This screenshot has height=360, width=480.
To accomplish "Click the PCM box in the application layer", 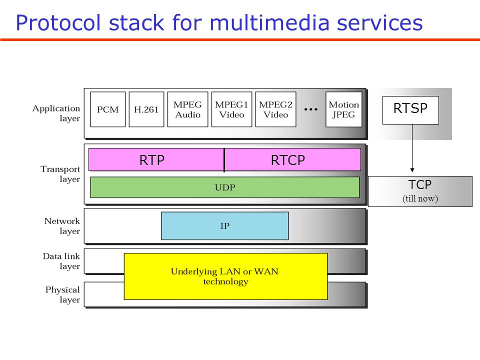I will [107, 109].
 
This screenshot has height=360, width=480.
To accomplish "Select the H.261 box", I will [146, 109].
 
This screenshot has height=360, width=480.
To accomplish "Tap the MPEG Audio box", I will [187, 109].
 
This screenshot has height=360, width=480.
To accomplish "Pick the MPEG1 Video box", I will [231, 109].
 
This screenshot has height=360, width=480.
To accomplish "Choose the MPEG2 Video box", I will [275, 109].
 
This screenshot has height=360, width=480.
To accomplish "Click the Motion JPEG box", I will [343, 109].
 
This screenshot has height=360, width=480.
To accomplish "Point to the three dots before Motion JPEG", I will [311, 109].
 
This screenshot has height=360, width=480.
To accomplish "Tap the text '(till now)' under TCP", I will [420, 198].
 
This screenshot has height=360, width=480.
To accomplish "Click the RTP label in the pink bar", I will [152, 160].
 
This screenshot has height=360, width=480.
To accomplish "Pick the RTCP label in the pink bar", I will [287, 160].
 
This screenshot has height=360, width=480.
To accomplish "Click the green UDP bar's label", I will [225, 187].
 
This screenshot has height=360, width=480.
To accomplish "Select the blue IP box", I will [225, 226].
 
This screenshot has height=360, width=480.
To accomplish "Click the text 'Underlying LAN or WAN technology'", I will [225, 276].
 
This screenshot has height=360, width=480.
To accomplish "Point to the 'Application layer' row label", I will [56, 113].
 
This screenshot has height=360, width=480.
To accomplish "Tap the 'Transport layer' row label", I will [60, 174].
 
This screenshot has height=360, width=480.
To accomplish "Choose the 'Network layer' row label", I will [62, 226].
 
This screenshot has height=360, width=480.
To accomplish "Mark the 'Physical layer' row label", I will [62, 294].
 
